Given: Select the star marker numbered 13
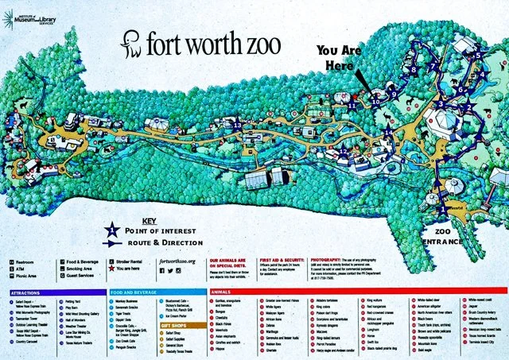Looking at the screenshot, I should pos(238,125).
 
